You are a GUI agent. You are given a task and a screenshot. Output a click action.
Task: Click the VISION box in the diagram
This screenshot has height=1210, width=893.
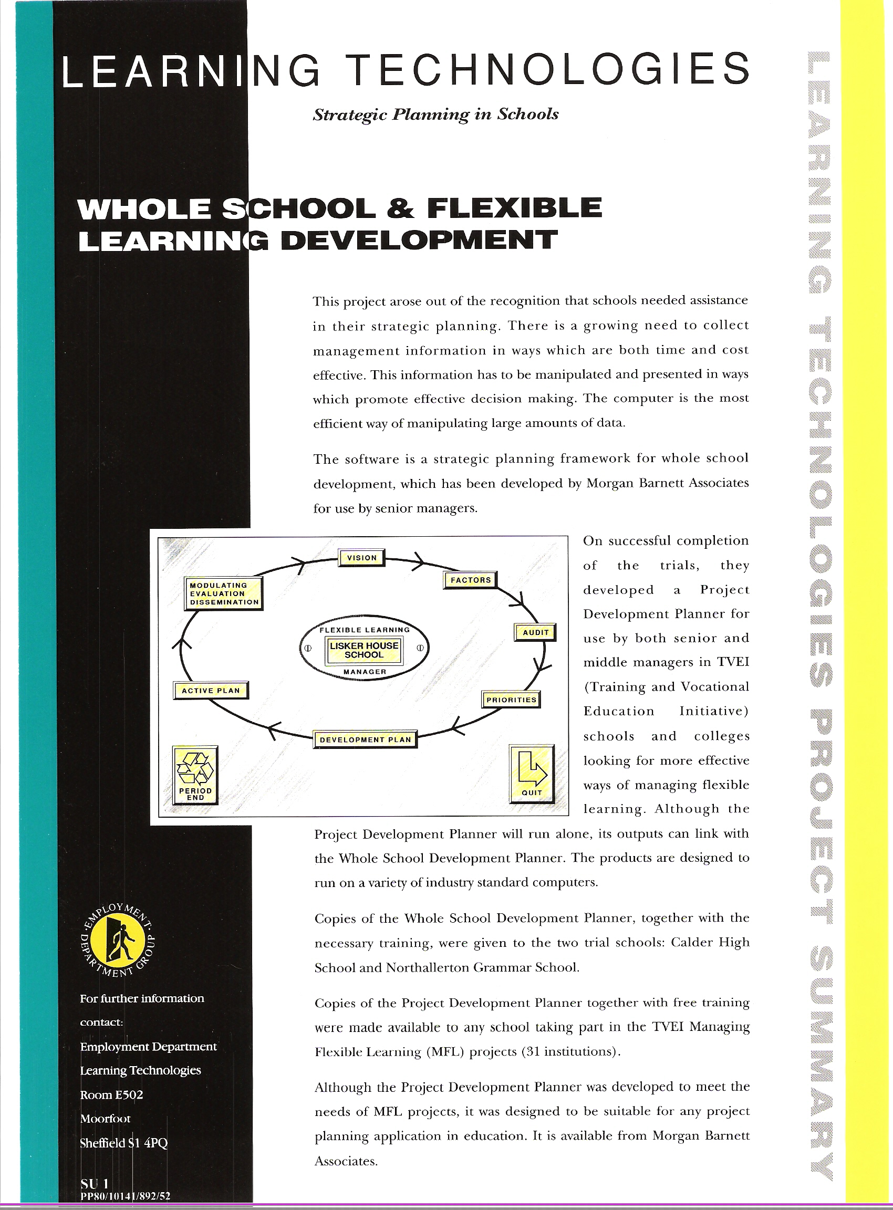coord(361,558)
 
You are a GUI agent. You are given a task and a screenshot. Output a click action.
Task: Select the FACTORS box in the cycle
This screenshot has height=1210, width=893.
coord(470,580)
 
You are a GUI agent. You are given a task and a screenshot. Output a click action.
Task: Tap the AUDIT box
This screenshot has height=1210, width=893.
coord(535,632)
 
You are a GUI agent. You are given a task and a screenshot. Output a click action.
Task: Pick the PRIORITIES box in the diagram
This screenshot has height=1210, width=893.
coord(511,700)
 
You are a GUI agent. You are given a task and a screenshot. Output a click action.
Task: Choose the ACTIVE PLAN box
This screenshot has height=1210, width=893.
coord(211,691)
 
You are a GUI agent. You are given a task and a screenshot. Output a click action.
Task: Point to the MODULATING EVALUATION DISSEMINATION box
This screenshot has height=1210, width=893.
coord(224,593)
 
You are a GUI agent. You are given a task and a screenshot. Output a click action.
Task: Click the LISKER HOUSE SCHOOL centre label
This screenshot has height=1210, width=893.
coord(364,650)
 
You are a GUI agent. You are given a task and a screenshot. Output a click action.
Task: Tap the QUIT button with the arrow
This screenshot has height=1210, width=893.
coord(532,774)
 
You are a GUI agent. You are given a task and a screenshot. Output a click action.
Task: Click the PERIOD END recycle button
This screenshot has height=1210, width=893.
coord(195,775)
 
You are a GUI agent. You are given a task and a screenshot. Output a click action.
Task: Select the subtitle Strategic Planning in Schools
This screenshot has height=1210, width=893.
coord(435,114)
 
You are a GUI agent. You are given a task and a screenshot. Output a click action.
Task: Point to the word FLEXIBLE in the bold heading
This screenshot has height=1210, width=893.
coord(514,208)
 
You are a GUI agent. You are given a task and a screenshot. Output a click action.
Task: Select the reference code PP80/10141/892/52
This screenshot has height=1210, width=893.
coord(126,1196)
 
